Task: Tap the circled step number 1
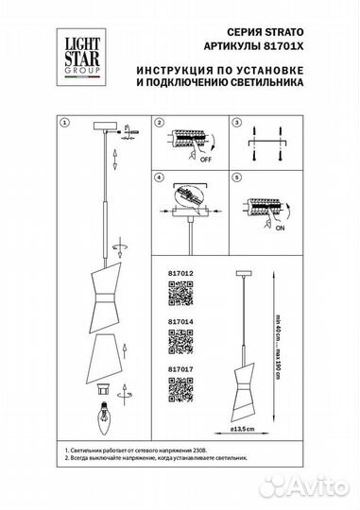(x=64, y=124)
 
